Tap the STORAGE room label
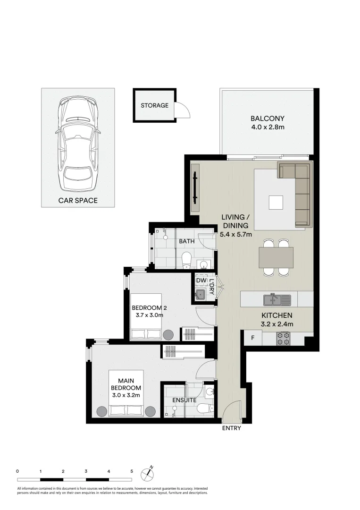[154, 105]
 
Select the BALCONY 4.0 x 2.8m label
[268, 123]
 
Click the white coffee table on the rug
[276, 203]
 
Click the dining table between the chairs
[276, 257]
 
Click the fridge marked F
[253, 338]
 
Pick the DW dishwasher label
[201, 280]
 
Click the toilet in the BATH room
[186, 259]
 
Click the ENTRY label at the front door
[231, 428]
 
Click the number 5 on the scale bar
[132, 471]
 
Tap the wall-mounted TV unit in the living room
[195, 188]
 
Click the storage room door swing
[183, 111]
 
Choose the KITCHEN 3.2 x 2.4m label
[277, 320]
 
